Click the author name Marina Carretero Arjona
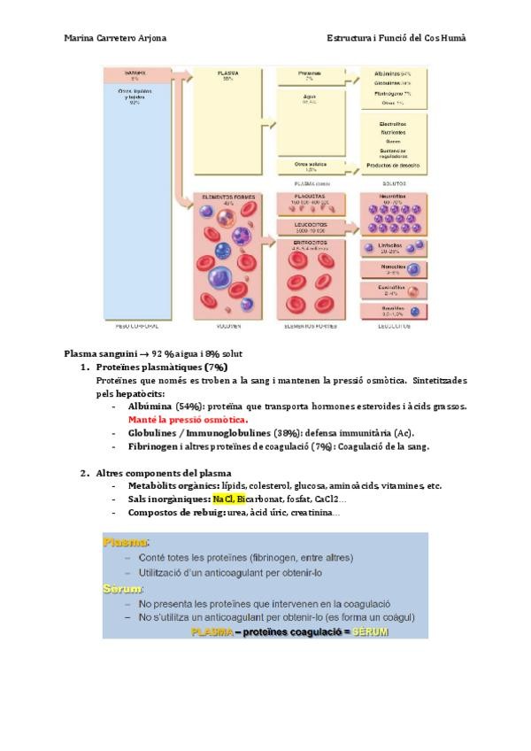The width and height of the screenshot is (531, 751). pyautogui.click(x=115, y=38)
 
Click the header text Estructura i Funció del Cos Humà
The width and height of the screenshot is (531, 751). pyautogui.click(x=396, y=38)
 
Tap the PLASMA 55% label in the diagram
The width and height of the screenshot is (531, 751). pyautogui.click(x=227, y=76)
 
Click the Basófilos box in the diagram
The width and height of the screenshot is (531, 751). pyautogui.click(x=394, y=310)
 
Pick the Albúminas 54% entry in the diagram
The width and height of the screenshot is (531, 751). pyautogui.click(x=393, y=74)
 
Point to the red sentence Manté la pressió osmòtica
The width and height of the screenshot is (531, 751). pyautogui.click(x=188, y=419)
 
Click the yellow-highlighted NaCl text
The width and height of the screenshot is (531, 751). pyautogui.click(x=223, y=499)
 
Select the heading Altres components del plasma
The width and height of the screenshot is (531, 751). pyautogui.click(x=164, y=472)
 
